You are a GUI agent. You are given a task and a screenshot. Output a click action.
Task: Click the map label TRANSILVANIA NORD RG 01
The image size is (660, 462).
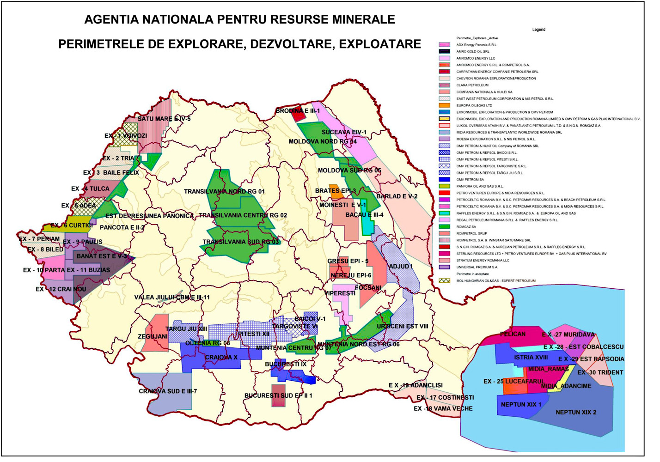tap(224, 192)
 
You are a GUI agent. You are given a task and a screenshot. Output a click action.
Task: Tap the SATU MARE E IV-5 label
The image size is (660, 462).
tap(164, 119)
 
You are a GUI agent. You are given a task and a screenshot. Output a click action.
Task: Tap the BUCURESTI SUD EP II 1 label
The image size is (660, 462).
tap(278, 395)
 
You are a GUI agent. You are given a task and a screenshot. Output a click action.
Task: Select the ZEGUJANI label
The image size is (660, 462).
tap(153, 336)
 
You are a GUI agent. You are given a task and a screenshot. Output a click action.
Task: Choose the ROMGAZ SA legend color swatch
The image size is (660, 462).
tap(444, 227)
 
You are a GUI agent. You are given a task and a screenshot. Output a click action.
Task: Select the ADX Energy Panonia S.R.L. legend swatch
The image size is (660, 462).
tap(444, 45)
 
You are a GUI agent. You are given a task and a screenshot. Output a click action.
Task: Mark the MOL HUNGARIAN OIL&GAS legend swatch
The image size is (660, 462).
tap(444, 280)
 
